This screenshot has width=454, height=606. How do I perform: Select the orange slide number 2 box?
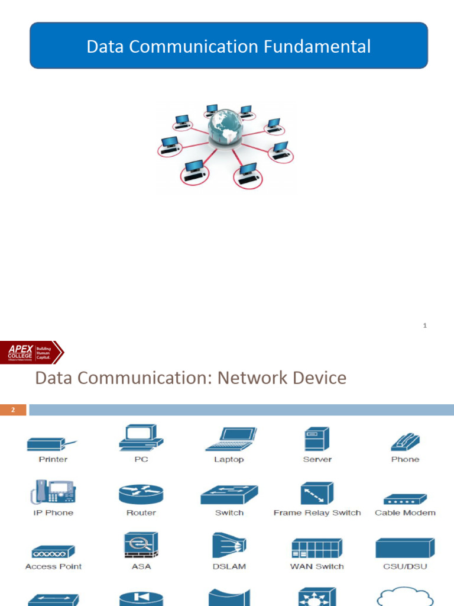(x=13, y=410)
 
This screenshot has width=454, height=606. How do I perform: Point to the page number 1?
(x=425, y=325)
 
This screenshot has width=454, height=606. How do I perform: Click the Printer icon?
(x=52, y=443)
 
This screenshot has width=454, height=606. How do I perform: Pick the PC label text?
(x=141, y=459)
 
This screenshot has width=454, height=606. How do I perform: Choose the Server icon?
(x=317, y=439)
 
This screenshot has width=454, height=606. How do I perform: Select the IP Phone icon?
(x=53, y=492)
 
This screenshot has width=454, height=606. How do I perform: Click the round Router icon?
(x=141, y=493)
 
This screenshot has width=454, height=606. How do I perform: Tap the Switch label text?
(x=229, y=512)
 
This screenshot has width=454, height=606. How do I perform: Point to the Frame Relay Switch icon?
(x=317, y=492)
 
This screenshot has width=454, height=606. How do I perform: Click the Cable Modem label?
(x=405, y=512)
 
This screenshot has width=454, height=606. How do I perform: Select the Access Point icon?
(x=53, y=552)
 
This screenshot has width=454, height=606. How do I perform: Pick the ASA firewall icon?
(x=141, y=545)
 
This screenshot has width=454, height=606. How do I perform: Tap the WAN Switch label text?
(x=317, y=566)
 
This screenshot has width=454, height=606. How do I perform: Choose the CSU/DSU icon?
(x=405, y=547)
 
